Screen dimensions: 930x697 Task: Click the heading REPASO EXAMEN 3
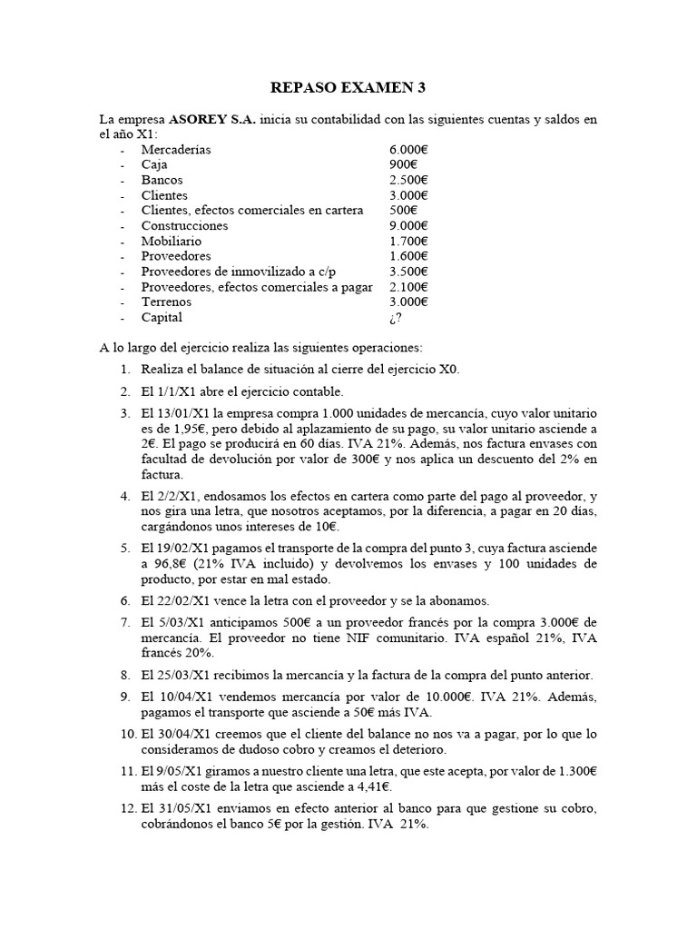[348, 88]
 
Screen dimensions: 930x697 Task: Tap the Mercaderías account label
[176, 150]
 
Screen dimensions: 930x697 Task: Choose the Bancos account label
[162, 180]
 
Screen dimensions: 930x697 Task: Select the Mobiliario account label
[172, 241]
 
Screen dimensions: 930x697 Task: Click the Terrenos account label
[166, 302]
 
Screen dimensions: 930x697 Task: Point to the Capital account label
[162, 317]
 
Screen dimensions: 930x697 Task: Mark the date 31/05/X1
[191, 809]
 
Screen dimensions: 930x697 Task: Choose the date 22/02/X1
[191, 600]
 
